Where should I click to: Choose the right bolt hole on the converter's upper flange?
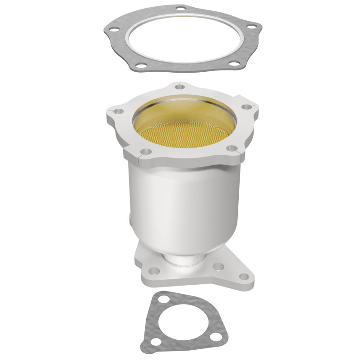click(246, 107)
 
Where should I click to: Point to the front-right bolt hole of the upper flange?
click(231, 148)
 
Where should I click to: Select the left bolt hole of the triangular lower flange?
click(154, 271)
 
